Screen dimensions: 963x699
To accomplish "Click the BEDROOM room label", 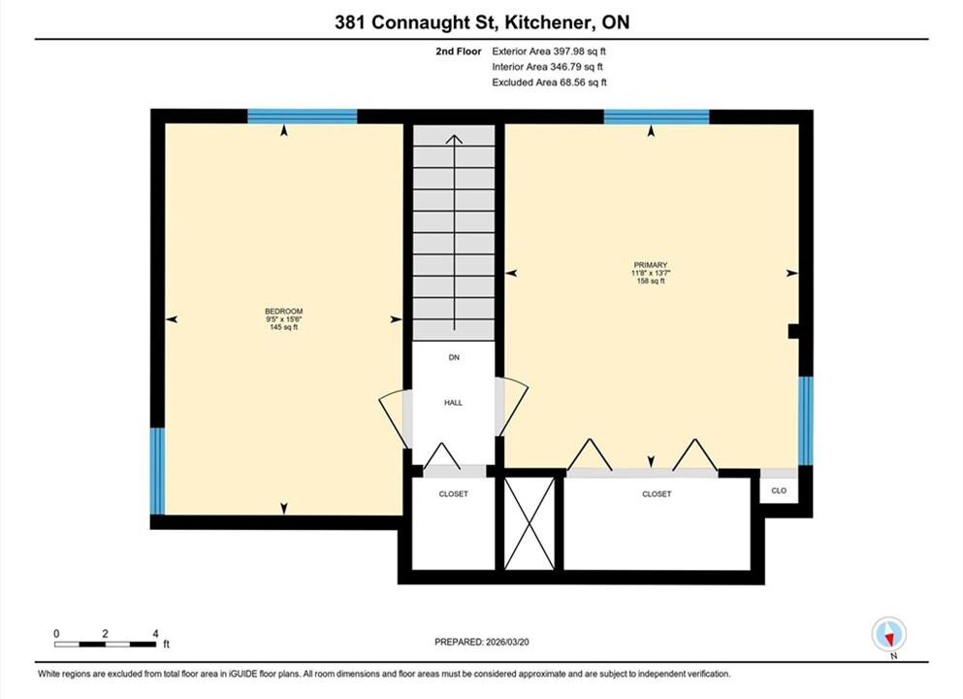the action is [284, 311].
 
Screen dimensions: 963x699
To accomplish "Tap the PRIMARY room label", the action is [651, 265].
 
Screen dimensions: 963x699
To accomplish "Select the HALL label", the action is [453, 403].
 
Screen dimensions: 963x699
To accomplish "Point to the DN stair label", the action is [454, 357].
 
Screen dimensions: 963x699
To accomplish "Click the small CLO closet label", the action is [779, 490].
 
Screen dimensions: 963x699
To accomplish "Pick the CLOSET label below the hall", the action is [453, 493].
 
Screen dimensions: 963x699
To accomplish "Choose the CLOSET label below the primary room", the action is [657, 493].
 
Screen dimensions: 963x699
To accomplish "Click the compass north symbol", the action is [888, 635].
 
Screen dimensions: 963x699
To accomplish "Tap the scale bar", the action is [105, 645].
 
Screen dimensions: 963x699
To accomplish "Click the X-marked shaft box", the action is [530, 523].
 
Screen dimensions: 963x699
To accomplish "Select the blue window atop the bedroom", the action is [303, 116].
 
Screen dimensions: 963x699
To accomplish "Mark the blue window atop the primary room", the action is [657, 116].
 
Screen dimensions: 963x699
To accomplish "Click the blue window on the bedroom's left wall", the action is [158, 471].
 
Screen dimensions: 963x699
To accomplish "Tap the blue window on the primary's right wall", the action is [806, 420].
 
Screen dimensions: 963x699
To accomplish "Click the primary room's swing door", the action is [512, 407].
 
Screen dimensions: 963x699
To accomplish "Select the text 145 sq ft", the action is [284, 328].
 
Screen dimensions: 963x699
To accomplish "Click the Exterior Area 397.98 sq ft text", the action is [549, 51].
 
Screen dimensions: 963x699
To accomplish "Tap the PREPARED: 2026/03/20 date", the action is [481, 642].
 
